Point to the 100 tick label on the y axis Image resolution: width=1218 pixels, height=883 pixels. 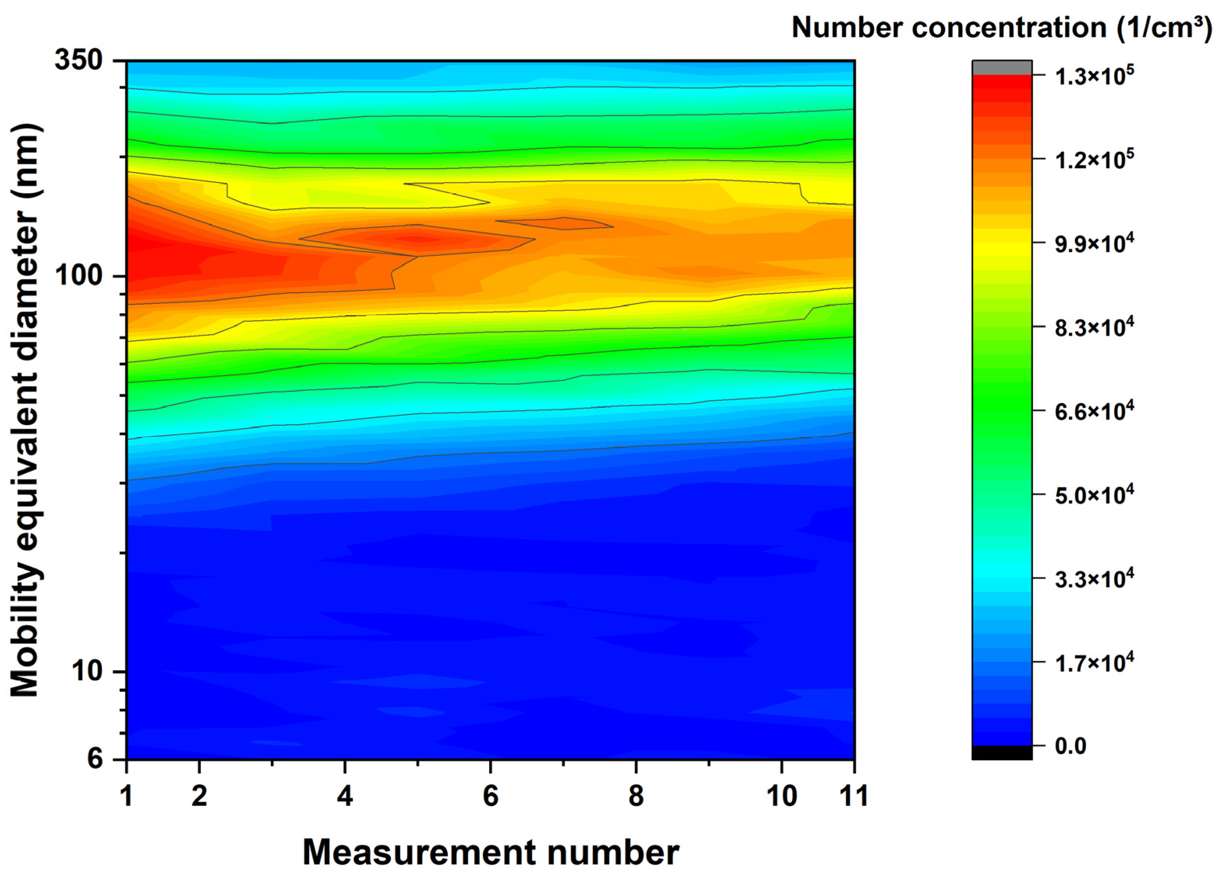[79, 276]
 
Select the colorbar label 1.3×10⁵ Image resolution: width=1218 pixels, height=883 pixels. [1094, 77]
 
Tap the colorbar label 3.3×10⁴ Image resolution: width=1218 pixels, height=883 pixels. [1094, 579]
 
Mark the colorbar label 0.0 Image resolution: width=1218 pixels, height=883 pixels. [1070, 746]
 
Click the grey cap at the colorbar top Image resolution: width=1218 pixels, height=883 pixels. [1002, 68]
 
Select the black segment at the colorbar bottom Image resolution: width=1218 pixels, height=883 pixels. [1002, 753]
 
